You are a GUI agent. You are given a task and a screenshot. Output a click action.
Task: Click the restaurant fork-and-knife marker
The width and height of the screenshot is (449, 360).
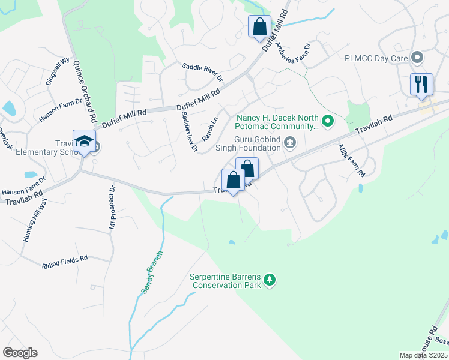(421, 84)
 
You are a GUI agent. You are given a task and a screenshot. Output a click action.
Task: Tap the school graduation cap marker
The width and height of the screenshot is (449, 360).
(85, 141)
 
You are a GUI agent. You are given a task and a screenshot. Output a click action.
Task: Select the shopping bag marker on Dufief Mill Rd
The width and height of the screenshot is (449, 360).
(260, 27)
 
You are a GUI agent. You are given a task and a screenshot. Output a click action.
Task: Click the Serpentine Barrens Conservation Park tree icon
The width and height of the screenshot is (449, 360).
(270, 279)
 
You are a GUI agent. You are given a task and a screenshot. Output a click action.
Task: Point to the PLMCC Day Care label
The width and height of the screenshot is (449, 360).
(375, 59)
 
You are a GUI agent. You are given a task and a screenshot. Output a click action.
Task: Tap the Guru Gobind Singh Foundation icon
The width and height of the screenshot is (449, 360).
(291, 142)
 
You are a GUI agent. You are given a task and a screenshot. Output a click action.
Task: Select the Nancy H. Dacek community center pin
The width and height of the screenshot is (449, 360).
(327, 122)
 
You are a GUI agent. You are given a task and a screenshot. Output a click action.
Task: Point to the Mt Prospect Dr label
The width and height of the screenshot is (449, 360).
(112, 208)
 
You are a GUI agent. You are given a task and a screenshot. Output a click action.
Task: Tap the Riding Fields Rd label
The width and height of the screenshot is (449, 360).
(65, 261)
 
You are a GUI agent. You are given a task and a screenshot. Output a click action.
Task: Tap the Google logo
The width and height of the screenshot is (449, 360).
(20, 353)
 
